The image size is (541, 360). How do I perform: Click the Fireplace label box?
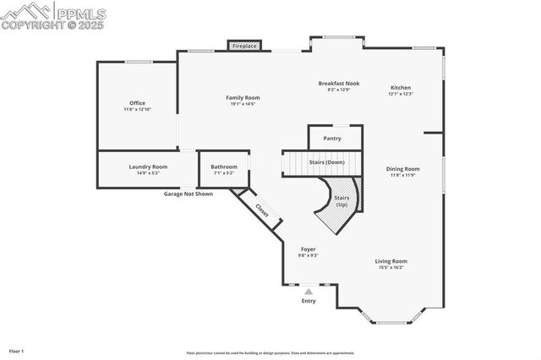(x=244, y=46)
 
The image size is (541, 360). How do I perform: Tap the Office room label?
(x=137, y=103)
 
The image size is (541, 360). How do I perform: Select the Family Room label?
(x=241, y=97)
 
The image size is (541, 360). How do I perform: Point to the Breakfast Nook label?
(x=338, y=83)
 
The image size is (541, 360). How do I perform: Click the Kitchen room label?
(x=400, y=88)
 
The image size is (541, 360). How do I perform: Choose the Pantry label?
(x=332, y=138)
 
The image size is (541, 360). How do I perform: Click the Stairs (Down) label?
(x=324, y=161)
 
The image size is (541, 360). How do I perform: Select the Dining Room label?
(x=403, y=168)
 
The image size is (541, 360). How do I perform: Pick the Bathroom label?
(x=224, y=166)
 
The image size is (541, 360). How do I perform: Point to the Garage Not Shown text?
(x=189, y=194)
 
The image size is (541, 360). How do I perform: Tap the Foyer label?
(x=309, y=249)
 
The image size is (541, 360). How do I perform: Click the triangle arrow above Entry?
(x=309, y=291)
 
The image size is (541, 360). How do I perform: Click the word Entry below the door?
(x=309, y=301)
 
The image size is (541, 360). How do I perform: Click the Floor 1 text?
(x=16, y=350)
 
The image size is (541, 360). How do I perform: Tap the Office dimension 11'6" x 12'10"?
(x=137, y=110)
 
